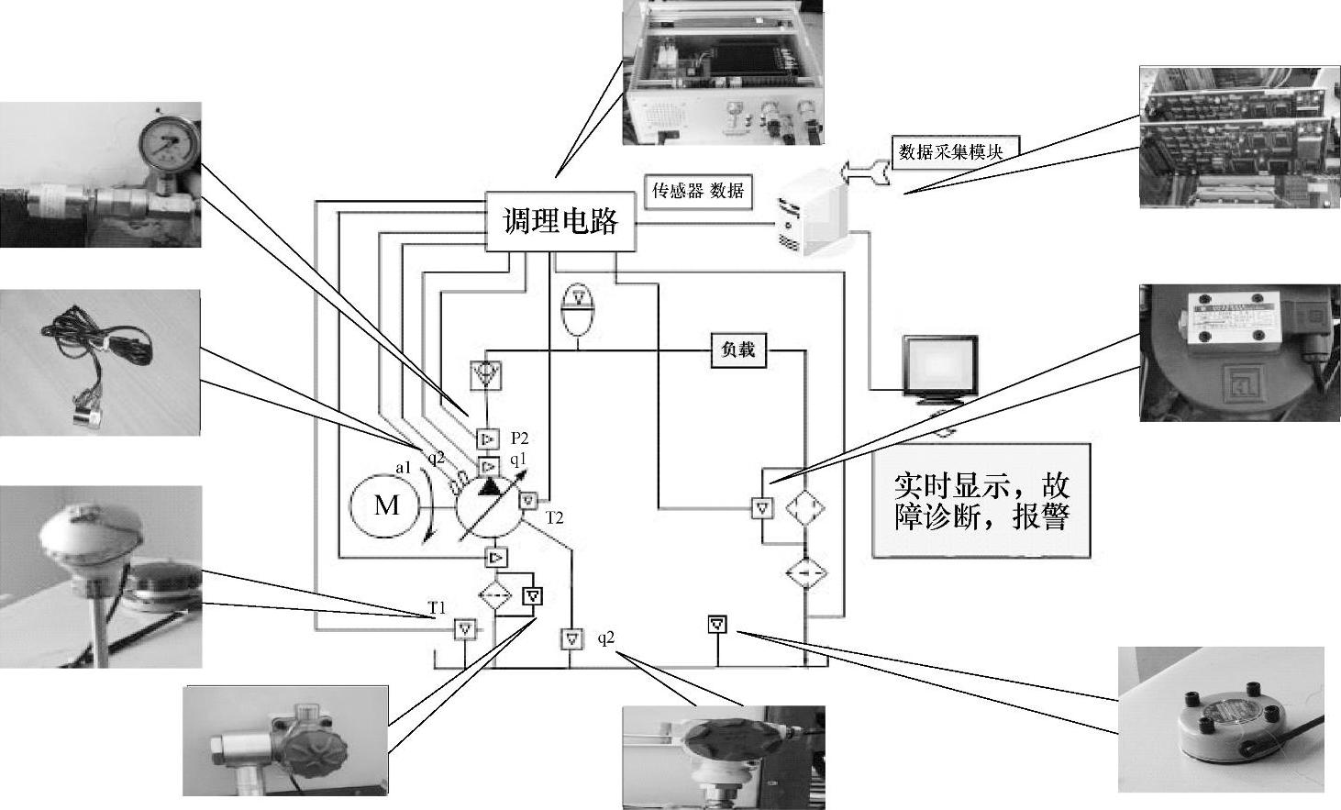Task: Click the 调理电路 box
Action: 560,221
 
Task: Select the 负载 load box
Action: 738,350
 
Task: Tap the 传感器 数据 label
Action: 697,191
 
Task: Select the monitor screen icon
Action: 940,368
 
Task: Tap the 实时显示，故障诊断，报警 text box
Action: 981,501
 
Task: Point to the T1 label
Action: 437,608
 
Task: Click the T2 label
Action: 554,518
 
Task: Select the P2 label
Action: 519,438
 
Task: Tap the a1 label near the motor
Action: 403,467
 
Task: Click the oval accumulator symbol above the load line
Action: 579,311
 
